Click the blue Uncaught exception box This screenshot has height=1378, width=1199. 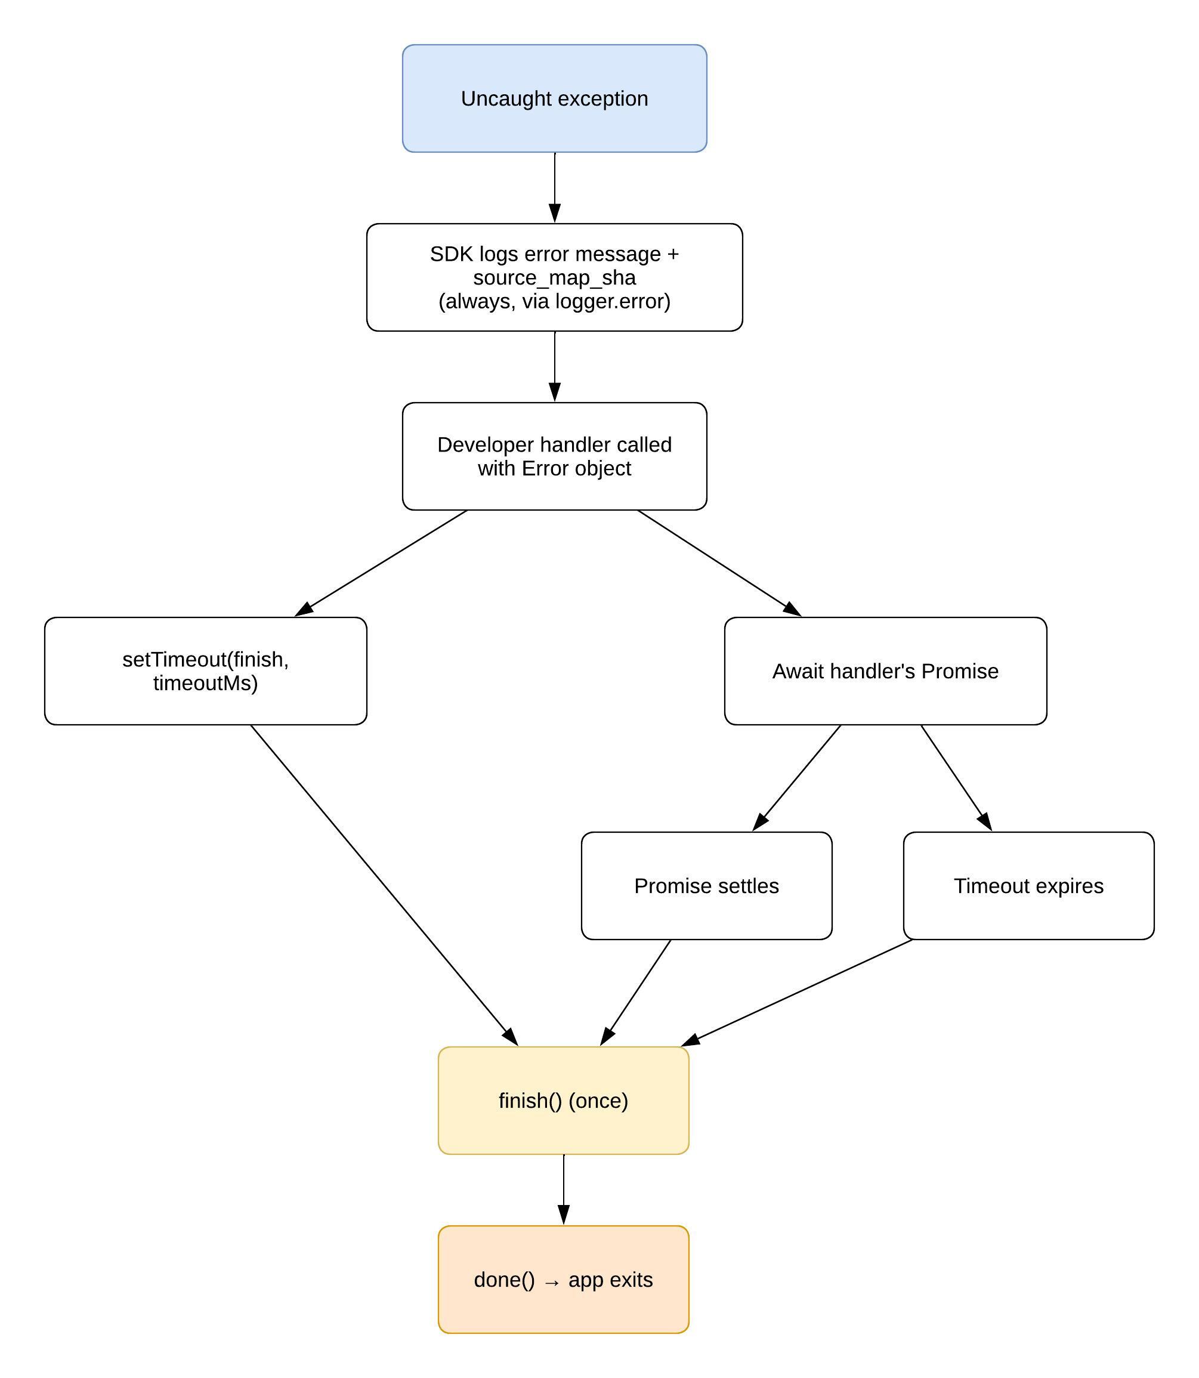554,98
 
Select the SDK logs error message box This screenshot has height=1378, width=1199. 554,277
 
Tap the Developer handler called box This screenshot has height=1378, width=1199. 554,456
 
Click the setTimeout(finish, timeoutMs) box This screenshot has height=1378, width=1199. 205,671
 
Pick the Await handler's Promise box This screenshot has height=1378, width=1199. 885,671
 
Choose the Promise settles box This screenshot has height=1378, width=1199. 706,886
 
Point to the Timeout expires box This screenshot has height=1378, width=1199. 1028,886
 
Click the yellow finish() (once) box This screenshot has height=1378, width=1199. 563,1101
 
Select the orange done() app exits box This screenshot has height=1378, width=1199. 563,1280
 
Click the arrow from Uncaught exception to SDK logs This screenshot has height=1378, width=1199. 555,188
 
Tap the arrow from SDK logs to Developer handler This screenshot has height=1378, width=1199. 555,367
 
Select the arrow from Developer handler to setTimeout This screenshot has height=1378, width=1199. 381,563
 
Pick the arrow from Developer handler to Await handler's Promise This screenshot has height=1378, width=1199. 720,563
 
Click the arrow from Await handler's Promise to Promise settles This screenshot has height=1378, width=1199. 796,778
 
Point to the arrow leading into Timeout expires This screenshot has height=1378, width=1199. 956,778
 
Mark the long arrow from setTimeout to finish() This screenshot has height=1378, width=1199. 384,886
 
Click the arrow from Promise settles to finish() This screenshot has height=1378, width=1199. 635,993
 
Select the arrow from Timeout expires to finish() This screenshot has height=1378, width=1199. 796,993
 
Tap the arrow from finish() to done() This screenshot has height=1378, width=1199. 563,1191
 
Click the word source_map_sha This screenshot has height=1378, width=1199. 554,277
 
